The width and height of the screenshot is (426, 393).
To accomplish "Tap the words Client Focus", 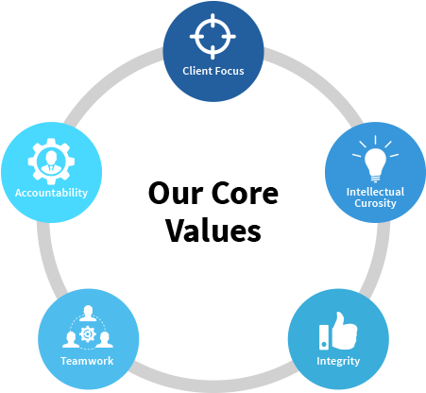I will click(x=213, y=71).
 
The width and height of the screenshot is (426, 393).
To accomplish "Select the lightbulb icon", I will click(x=375, y=162).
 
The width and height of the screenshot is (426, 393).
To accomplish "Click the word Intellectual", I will click(x=375, y=192).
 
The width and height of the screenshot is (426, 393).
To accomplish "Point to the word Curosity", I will click(x=375, y=203).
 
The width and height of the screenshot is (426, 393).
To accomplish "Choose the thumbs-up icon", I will click(x=343, y=328).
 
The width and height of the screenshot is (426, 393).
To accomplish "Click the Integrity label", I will click(x=338, y=362).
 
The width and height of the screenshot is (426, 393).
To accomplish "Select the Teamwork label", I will click(x=86, y=361).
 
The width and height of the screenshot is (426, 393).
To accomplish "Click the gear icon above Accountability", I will click(x=51, y=162).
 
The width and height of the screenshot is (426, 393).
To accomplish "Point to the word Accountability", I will click(x=51, y=193).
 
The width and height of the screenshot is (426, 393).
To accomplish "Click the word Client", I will click(x=197, y=71).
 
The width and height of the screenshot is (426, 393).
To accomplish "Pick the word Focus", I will click(x=230, y=71).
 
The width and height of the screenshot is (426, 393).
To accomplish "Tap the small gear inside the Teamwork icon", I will click(x=88, y=333).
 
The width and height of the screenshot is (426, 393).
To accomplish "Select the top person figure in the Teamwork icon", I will click(x=88, y=313).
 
